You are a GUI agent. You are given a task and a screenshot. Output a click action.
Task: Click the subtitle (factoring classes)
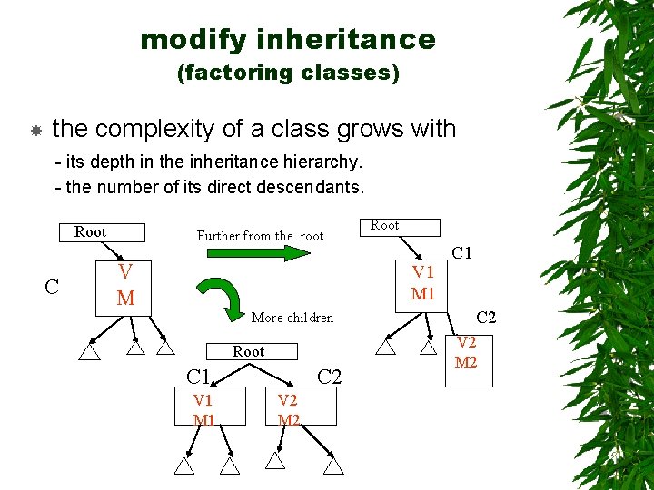coord(288,72)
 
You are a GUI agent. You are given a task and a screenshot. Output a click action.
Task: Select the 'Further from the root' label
coord(260,236)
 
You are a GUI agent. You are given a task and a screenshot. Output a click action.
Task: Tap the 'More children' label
coord(292,318)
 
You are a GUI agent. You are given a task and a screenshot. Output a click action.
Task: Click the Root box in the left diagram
coord(91,232)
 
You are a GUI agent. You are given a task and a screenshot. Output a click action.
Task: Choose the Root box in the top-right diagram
coord(401,227)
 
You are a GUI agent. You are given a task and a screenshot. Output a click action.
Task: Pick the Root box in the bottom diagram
coord(249,351)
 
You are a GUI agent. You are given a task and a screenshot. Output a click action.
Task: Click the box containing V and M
coord(126,284)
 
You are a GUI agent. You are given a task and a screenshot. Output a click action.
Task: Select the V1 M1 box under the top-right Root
coord(422,283)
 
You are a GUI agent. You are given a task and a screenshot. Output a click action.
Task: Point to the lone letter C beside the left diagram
coord(53,288)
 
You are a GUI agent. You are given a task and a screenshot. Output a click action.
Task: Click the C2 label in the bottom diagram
coord(330,376)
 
